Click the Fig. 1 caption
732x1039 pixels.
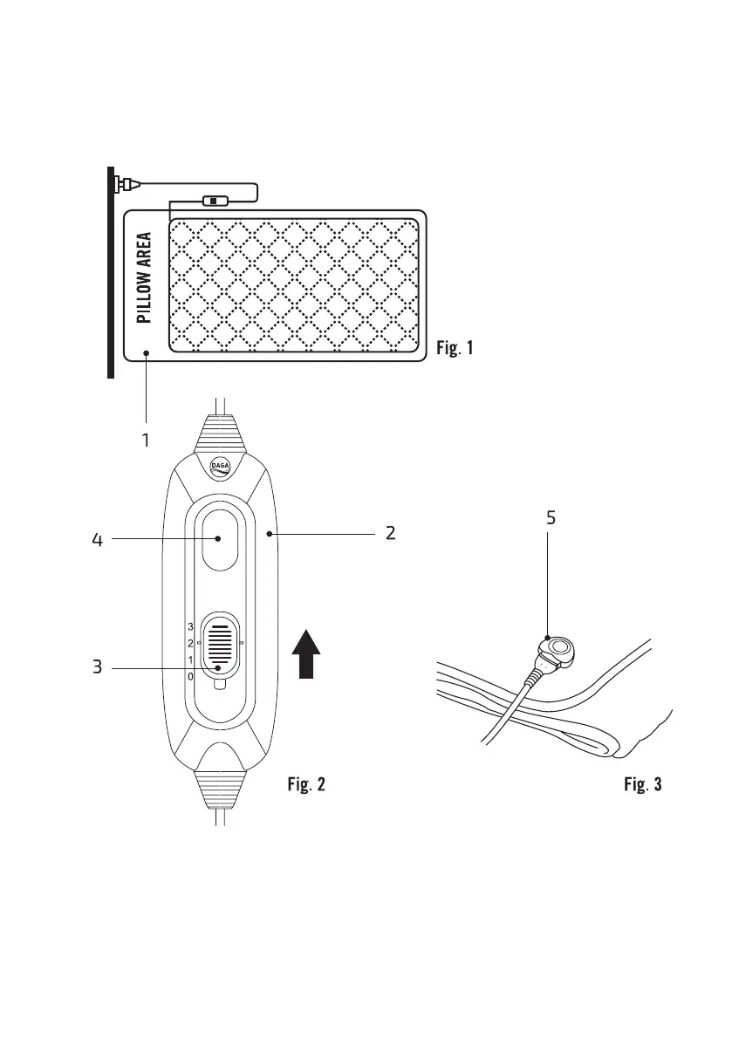tap(455, 347)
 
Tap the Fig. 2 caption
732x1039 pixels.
tap(306, 784)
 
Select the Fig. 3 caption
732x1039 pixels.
tap(642, 784)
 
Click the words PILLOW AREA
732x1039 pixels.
tap(144, 277)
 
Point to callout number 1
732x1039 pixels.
tap(146, 440)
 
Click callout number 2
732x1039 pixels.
tap(391, 533)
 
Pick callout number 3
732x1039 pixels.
tap(98, 666)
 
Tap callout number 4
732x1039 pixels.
tap(98, 540)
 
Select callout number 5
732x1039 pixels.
tap(551, 517)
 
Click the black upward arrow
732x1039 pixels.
tap(306, 654)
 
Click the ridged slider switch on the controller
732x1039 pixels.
tap(220, 647)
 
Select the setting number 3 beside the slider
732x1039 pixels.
tap(190, 627)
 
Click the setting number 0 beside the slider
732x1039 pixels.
tap(190, 677)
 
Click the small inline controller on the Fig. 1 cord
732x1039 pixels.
tap(213, 200)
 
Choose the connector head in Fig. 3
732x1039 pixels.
tap(558, 651)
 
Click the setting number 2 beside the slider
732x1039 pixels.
tap(190, 644)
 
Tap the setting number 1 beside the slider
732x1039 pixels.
tap(190, 660)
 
